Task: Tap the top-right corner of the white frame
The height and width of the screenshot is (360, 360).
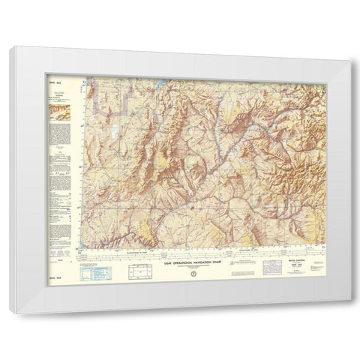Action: pyautogui.click(x=352, y=47)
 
